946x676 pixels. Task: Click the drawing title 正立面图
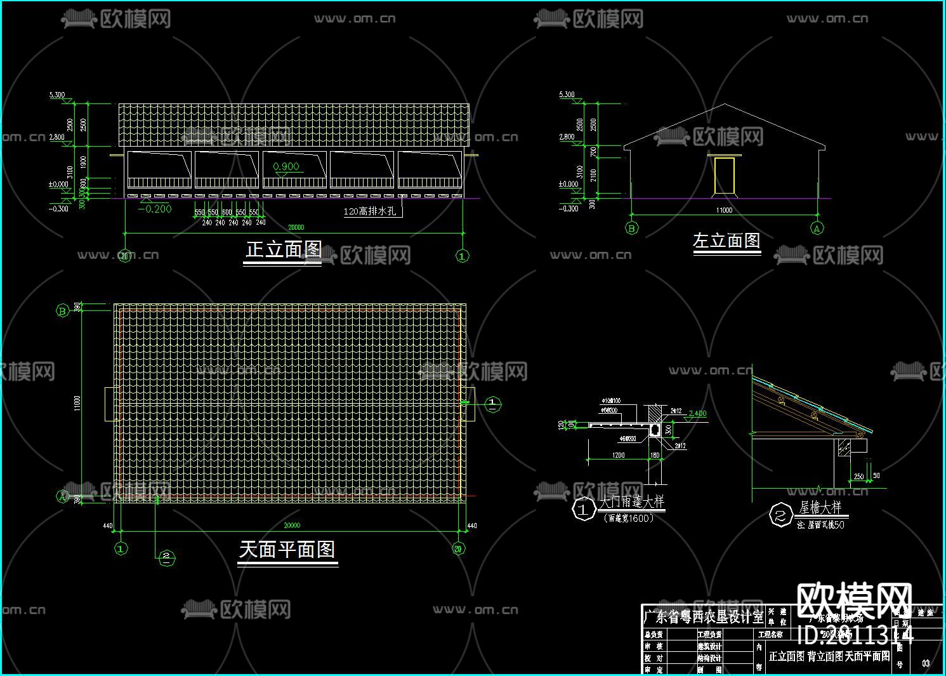[283, 249]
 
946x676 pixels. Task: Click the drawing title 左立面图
[726, 241]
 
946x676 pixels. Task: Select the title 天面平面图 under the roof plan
[287, 549]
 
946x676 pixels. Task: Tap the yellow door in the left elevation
[724, 175]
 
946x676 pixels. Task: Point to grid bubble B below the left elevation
[631, 228]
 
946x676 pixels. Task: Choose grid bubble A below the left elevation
[817, 228]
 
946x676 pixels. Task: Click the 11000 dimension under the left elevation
[724, 210]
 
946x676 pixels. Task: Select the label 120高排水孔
[370, 211]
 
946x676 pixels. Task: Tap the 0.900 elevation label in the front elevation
[286, 167]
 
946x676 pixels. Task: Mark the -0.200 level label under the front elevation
[155, 209]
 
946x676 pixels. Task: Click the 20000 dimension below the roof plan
[291, 526]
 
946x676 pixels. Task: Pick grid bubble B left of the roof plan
[63, 310]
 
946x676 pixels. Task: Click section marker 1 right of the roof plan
[493, 404]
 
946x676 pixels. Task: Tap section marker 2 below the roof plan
[166, 557]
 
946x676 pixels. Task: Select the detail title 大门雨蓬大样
[632, 502]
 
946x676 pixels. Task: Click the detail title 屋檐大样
[820, 507]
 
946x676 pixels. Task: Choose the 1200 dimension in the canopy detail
[618, 455]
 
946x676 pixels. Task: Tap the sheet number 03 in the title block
[926, 663]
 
